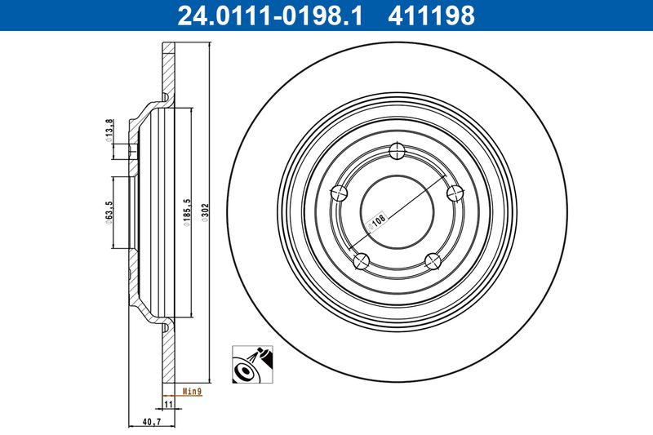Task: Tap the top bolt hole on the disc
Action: [398, 151]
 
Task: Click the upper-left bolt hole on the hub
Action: [340, 193]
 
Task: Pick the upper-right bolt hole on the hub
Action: [455, 193]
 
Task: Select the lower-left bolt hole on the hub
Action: [362, 261]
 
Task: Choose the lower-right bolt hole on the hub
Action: [433, 261]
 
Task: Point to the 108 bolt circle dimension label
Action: [378, 222]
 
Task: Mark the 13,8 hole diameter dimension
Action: [110, 131]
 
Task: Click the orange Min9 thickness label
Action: [192, 391]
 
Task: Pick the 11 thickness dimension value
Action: [167, 403]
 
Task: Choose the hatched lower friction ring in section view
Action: [168, 351]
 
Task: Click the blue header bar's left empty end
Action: [82, 15]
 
